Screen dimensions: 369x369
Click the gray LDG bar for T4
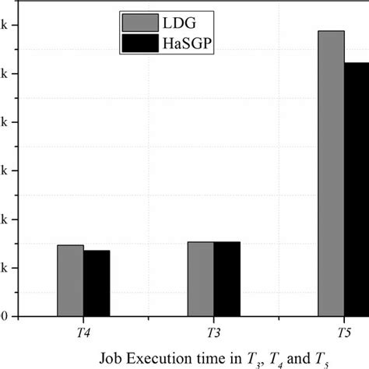pyautogui.click(x=70, y=281)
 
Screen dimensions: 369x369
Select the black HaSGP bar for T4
pyautogui.click(x=97, y=283)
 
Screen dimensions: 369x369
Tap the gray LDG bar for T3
pyautogui.click(x=201, y=279)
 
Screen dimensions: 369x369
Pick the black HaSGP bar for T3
pyautogui.click(x=227, y=279)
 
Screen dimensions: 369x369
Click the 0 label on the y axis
pyautogui.click(x=5, y=317)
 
